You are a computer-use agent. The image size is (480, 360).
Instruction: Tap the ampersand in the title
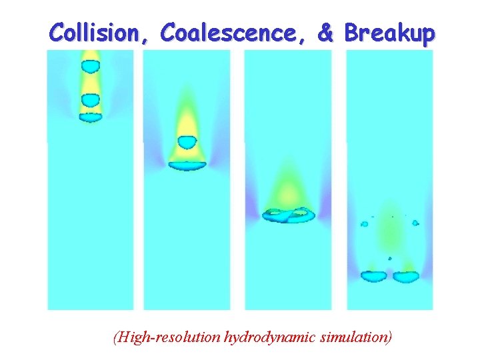[x=325, y=32]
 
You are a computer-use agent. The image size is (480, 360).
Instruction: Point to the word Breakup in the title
[x=389, y=32]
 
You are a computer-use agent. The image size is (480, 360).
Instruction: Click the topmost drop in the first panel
[x=90, y=66]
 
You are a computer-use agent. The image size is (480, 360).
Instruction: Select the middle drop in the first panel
[x=90, y=100]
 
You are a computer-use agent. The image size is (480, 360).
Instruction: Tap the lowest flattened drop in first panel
[x=90, y=117]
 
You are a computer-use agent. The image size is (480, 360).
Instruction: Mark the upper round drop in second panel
[x=187, y=142]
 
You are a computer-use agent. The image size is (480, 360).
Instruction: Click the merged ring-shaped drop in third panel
[x=289, y=215]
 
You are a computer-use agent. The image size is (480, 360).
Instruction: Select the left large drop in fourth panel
[x=374, y=275]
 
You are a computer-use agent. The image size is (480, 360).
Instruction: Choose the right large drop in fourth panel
[x=406, y=275]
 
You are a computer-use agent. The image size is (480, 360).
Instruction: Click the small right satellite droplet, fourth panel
[x=415, y=223]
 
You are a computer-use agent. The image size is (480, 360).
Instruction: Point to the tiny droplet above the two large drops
[x=390, y=258]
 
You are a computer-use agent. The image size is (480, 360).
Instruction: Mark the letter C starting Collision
[x=57, y=32]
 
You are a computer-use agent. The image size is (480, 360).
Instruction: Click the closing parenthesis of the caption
[x=390, y=337]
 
